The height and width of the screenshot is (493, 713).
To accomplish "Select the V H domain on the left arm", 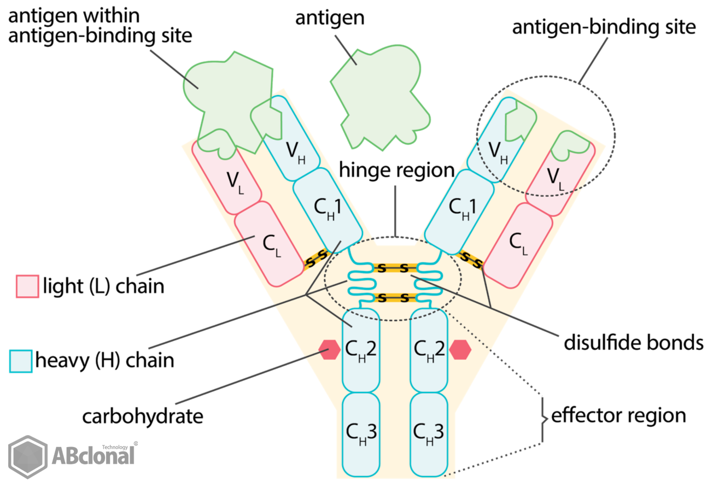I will tap(293, 148).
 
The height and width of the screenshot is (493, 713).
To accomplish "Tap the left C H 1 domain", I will tap(326, 208).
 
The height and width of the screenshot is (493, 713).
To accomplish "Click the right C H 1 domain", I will tap(461, 208).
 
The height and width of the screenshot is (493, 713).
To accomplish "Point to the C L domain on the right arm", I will tap(517, 243).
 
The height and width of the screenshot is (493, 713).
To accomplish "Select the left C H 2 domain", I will tap(360, 350).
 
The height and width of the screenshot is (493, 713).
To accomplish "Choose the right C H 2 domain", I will tap(429, 350).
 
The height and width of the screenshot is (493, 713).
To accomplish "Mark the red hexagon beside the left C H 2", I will tap(330, 350).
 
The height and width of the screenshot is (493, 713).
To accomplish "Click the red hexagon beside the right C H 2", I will tap(460, 350).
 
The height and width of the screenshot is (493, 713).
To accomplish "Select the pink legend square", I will tap(27, 286).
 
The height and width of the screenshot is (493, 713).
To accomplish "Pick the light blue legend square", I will tap(21, 361).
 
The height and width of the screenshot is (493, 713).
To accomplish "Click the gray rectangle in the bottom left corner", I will tap(73, 457).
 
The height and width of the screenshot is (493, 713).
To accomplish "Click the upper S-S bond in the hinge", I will tap(394, 268).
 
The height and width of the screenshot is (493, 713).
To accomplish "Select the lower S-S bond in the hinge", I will tap(394, 298).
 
